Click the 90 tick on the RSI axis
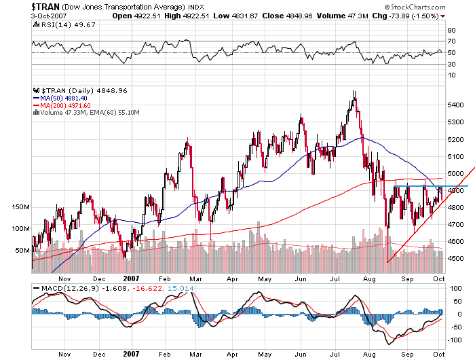449,31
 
